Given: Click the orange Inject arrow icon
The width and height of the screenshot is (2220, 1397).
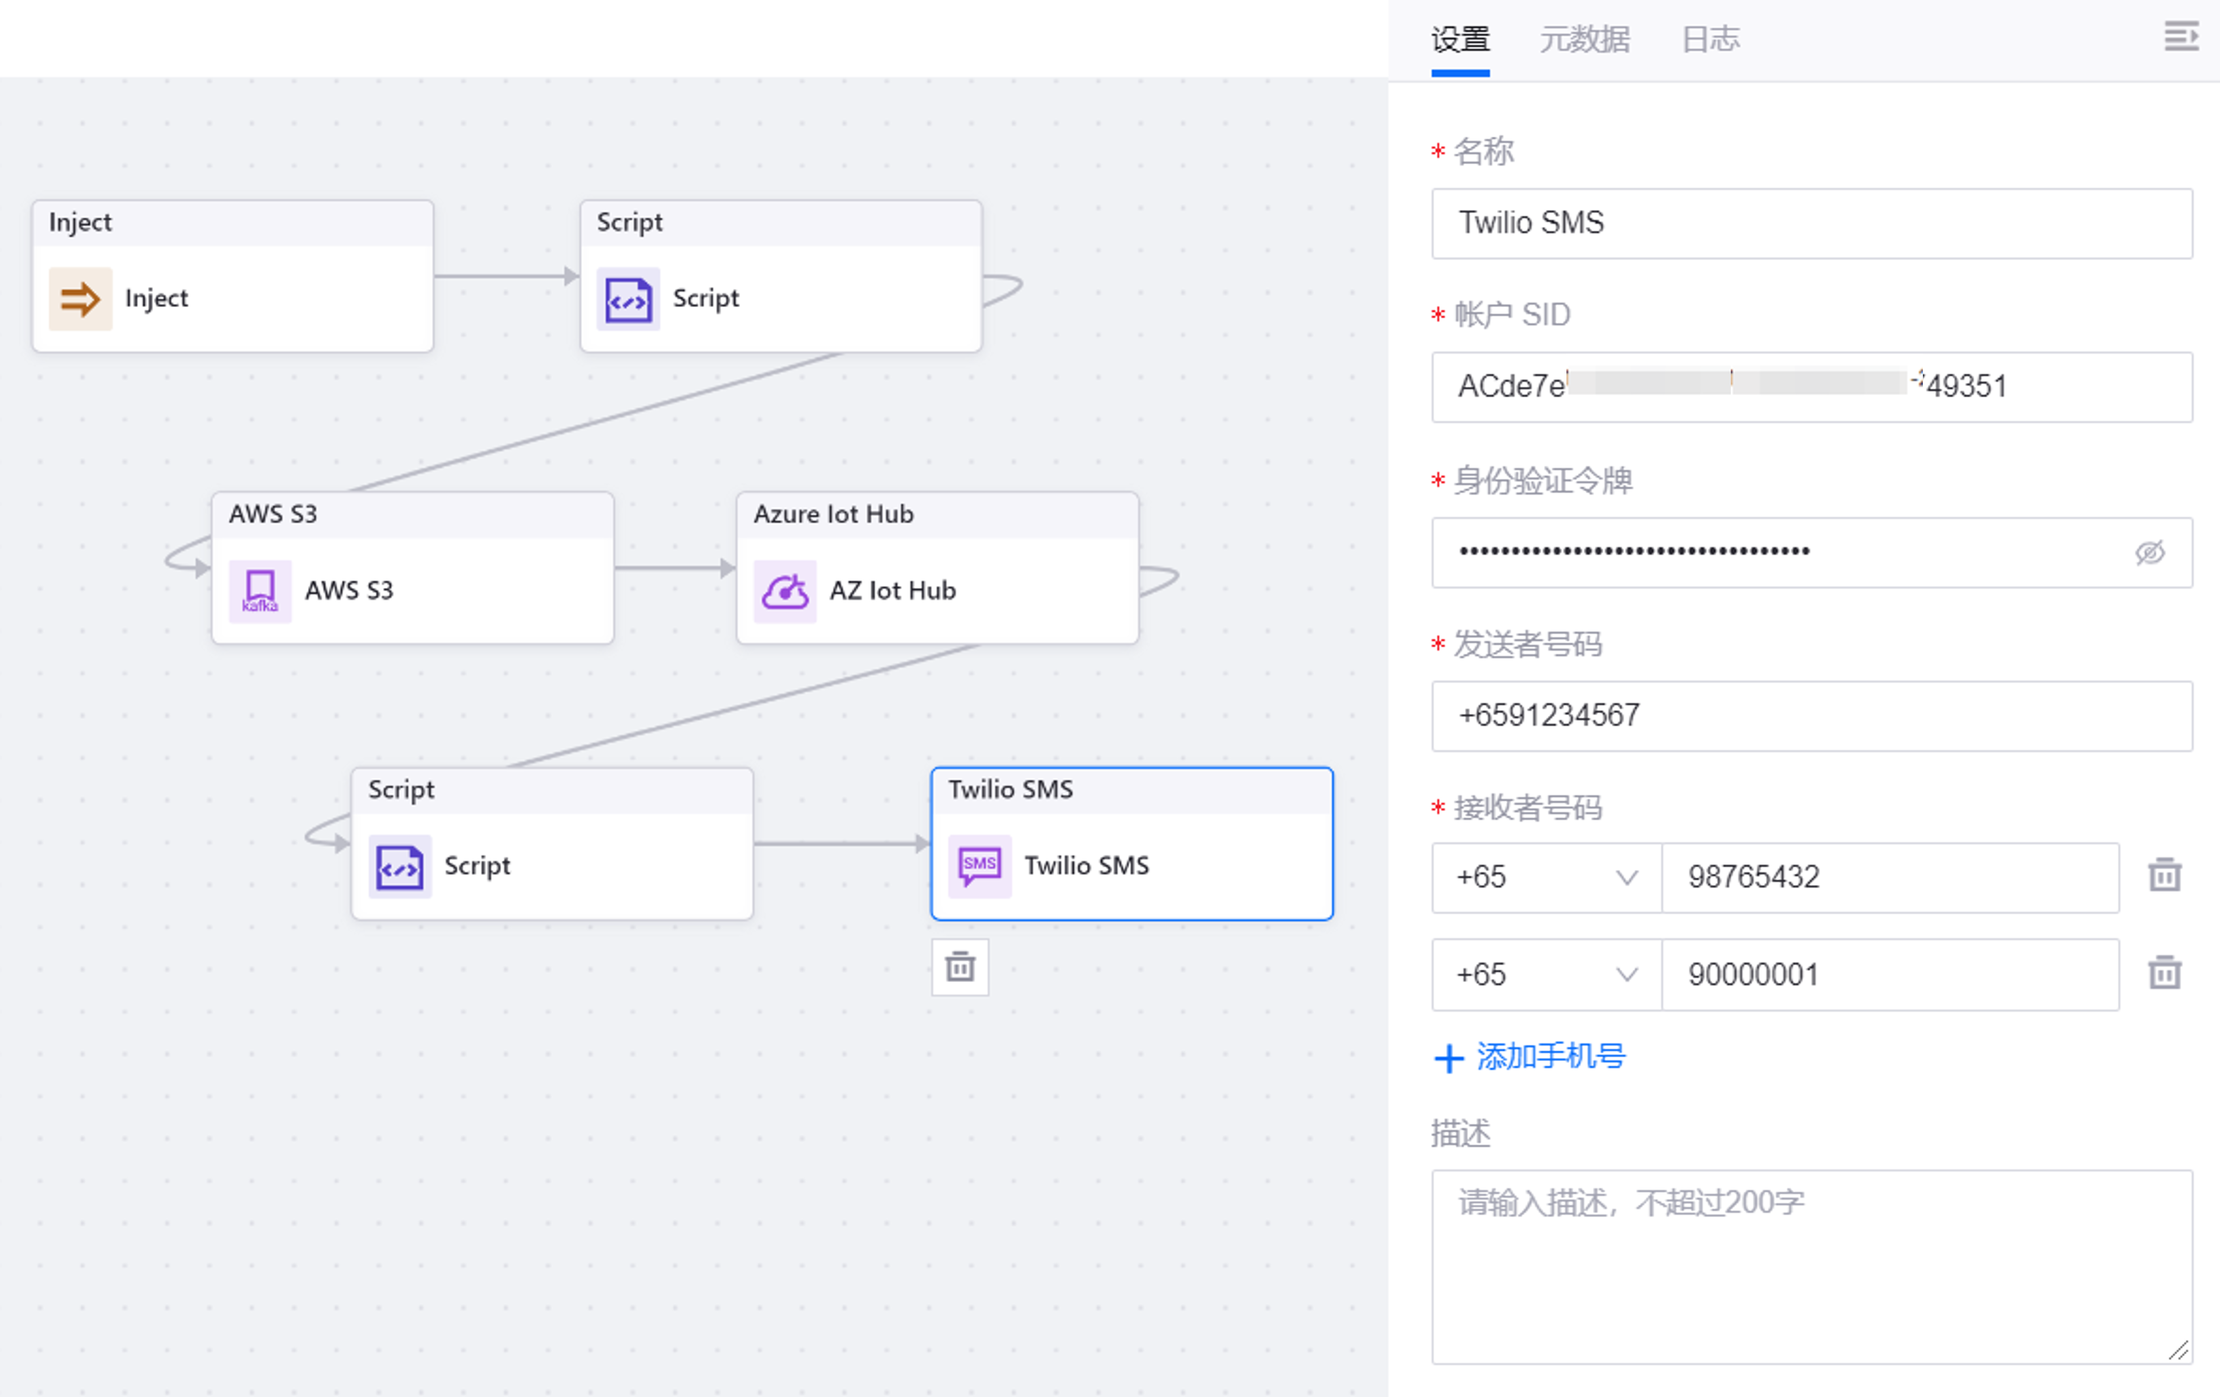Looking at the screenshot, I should tap(80, 299).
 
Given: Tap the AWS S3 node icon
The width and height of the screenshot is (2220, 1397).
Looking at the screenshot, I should tap(260, 590).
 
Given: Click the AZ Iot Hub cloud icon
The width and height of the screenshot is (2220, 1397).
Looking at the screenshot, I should tap(785, 590).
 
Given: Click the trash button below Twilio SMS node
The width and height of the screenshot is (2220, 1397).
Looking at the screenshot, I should tap(960, 967).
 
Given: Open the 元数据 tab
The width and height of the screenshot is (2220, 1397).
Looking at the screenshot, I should tap(1584, 40).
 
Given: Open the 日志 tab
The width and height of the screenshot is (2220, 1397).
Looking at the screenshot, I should tap(1709, 40).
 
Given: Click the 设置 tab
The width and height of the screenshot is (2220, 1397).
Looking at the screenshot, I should tap(1460, 40).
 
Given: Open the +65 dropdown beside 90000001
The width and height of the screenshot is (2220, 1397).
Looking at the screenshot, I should tap(1546, 974).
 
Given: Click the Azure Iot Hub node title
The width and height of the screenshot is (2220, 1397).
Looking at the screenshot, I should tap(833, 514).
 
